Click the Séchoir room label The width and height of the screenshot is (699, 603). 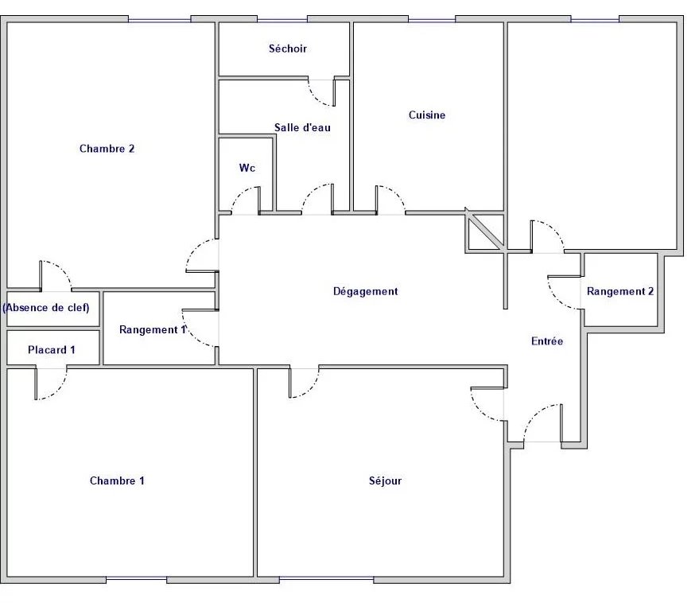pos(288,49)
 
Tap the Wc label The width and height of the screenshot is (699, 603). pos(247,168)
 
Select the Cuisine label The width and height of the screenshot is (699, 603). pos(427,115)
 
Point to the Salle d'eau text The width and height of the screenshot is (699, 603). pos(302,127)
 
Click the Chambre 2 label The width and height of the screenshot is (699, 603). pos(107,149)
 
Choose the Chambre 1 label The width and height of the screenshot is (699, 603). pos(117,480)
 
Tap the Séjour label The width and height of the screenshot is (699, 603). pos(385,480)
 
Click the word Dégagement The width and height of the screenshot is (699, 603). pos(366,292)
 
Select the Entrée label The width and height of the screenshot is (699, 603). pos(547,341)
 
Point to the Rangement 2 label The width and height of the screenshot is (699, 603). pos(620,292)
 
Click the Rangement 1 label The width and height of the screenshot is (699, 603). pos(153,330)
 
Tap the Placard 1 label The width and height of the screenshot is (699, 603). pos(51,350)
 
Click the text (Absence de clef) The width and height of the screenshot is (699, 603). pos(46,308)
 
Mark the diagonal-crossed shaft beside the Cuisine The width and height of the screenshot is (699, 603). pos(484,230)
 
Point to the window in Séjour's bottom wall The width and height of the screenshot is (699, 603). pos(326,579)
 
